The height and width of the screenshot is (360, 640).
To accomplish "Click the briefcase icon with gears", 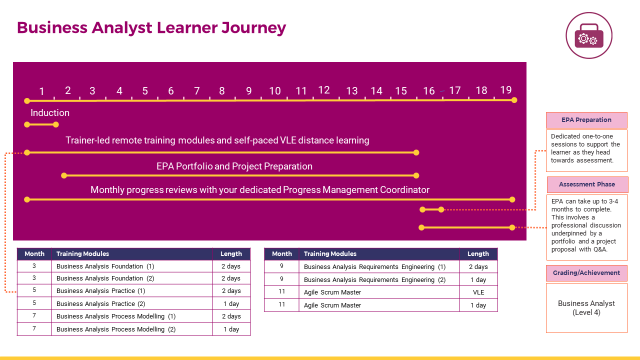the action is point(589,36).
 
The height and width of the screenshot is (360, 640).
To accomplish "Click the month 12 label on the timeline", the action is point(324,90).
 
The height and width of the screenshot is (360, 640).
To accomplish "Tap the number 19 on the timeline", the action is point(505,90).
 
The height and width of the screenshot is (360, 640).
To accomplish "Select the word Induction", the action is point(50,113).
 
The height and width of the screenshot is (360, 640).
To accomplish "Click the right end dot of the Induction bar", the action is point(56,124).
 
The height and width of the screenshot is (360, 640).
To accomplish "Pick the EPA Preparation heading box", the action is point(586,120).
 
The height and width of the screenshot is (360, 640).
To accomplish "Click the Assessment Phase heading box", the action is point(587,184).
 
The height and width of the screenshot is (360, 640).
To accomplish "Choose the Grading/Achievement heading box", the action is point(586,273).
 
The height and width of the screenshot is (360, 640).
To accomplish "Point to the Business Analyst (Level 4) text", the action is point(586,307).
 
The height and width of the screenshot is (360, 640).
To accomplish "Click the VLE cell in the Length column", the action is point(478,292).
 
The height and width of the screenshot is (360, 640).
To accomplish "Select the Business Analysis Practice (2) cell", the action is point(132,303).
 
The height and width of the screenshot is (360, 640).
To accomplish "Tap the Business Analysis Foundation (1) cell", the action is point(132,266).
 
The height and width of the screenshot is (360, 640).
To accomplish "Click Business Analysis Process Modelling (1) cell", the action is point(132,316).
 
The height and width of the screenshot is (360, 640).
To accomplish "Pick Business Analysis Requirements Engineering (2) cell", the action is point(379,279).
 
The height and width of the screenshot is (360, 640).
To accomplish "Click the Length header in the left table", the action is point(231,253).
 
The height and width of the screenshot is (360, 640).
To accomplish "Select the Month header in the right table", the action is point(281,253).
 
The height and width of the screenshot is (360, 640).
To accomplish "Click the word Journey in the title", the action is point(253,28).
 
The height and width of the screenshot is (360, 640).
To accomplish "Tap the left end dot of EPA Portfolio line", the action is point(64,175).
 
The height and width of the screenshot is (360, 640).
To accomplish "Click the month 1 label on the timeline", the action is point(41,91).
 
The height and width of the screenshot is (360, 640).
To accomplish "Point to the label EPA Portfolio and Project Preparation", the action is point(234,166).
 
